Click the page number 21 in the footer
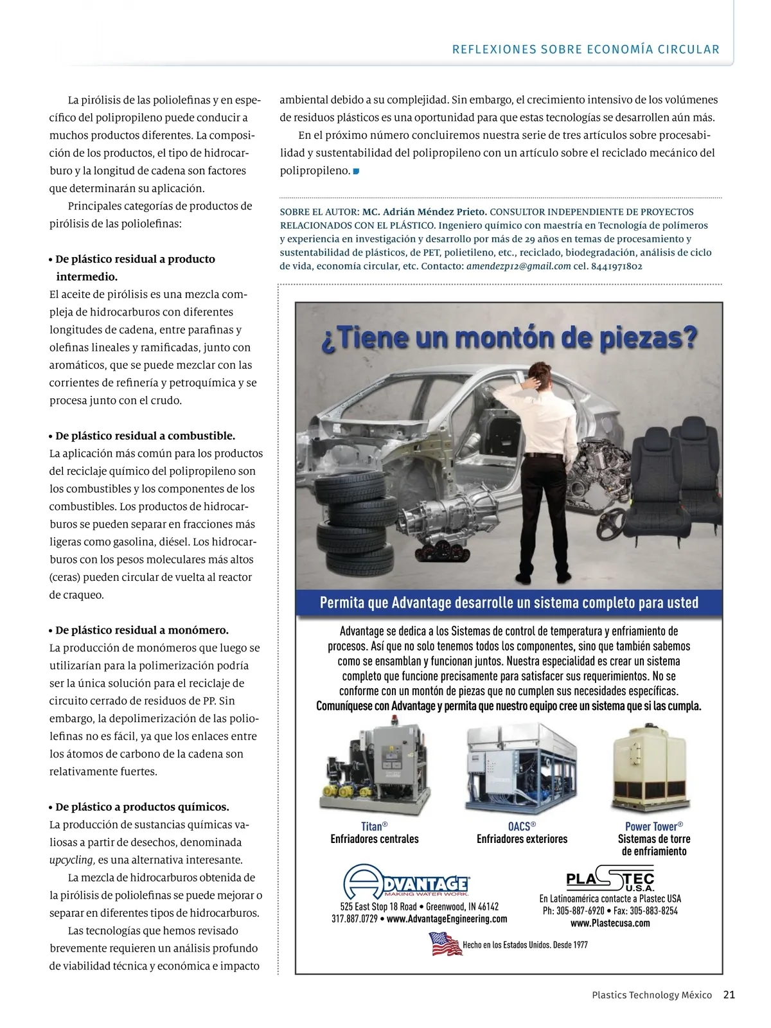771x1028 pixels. pyautogui.click(x=729, y=995)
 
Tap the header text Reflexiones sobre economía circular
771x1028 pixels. pyautogui.click(x=585, y=49)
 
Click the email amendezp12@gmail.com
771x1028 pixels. pyautogui.click(x=518, y=266)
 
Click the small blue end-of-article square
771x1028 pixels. pyautogui.click(x=356, y=171)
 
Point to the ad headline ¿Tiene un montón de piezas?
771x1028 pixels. pyautogui.click(x=508, y=338)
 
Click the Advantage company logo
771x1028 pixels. pyautogui.click(x=406, y=882)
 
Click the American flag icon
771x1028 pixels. pyautogui.click(x=445, y=944)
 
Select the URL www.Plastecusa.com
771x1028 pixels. pyautogui.click(x=610, y=923)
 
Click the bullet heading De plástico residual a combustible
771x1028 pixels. pyautogui.click(x=145, y=436)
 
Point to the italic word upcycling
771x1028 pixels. pyautogui.click(x=72, y=860)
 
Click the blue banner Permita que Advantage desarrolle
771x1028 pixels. pyautogui.click(x=509, y=603)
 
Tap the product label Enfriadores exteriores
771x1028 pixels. pyautogui.click(x=522, y=839)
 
